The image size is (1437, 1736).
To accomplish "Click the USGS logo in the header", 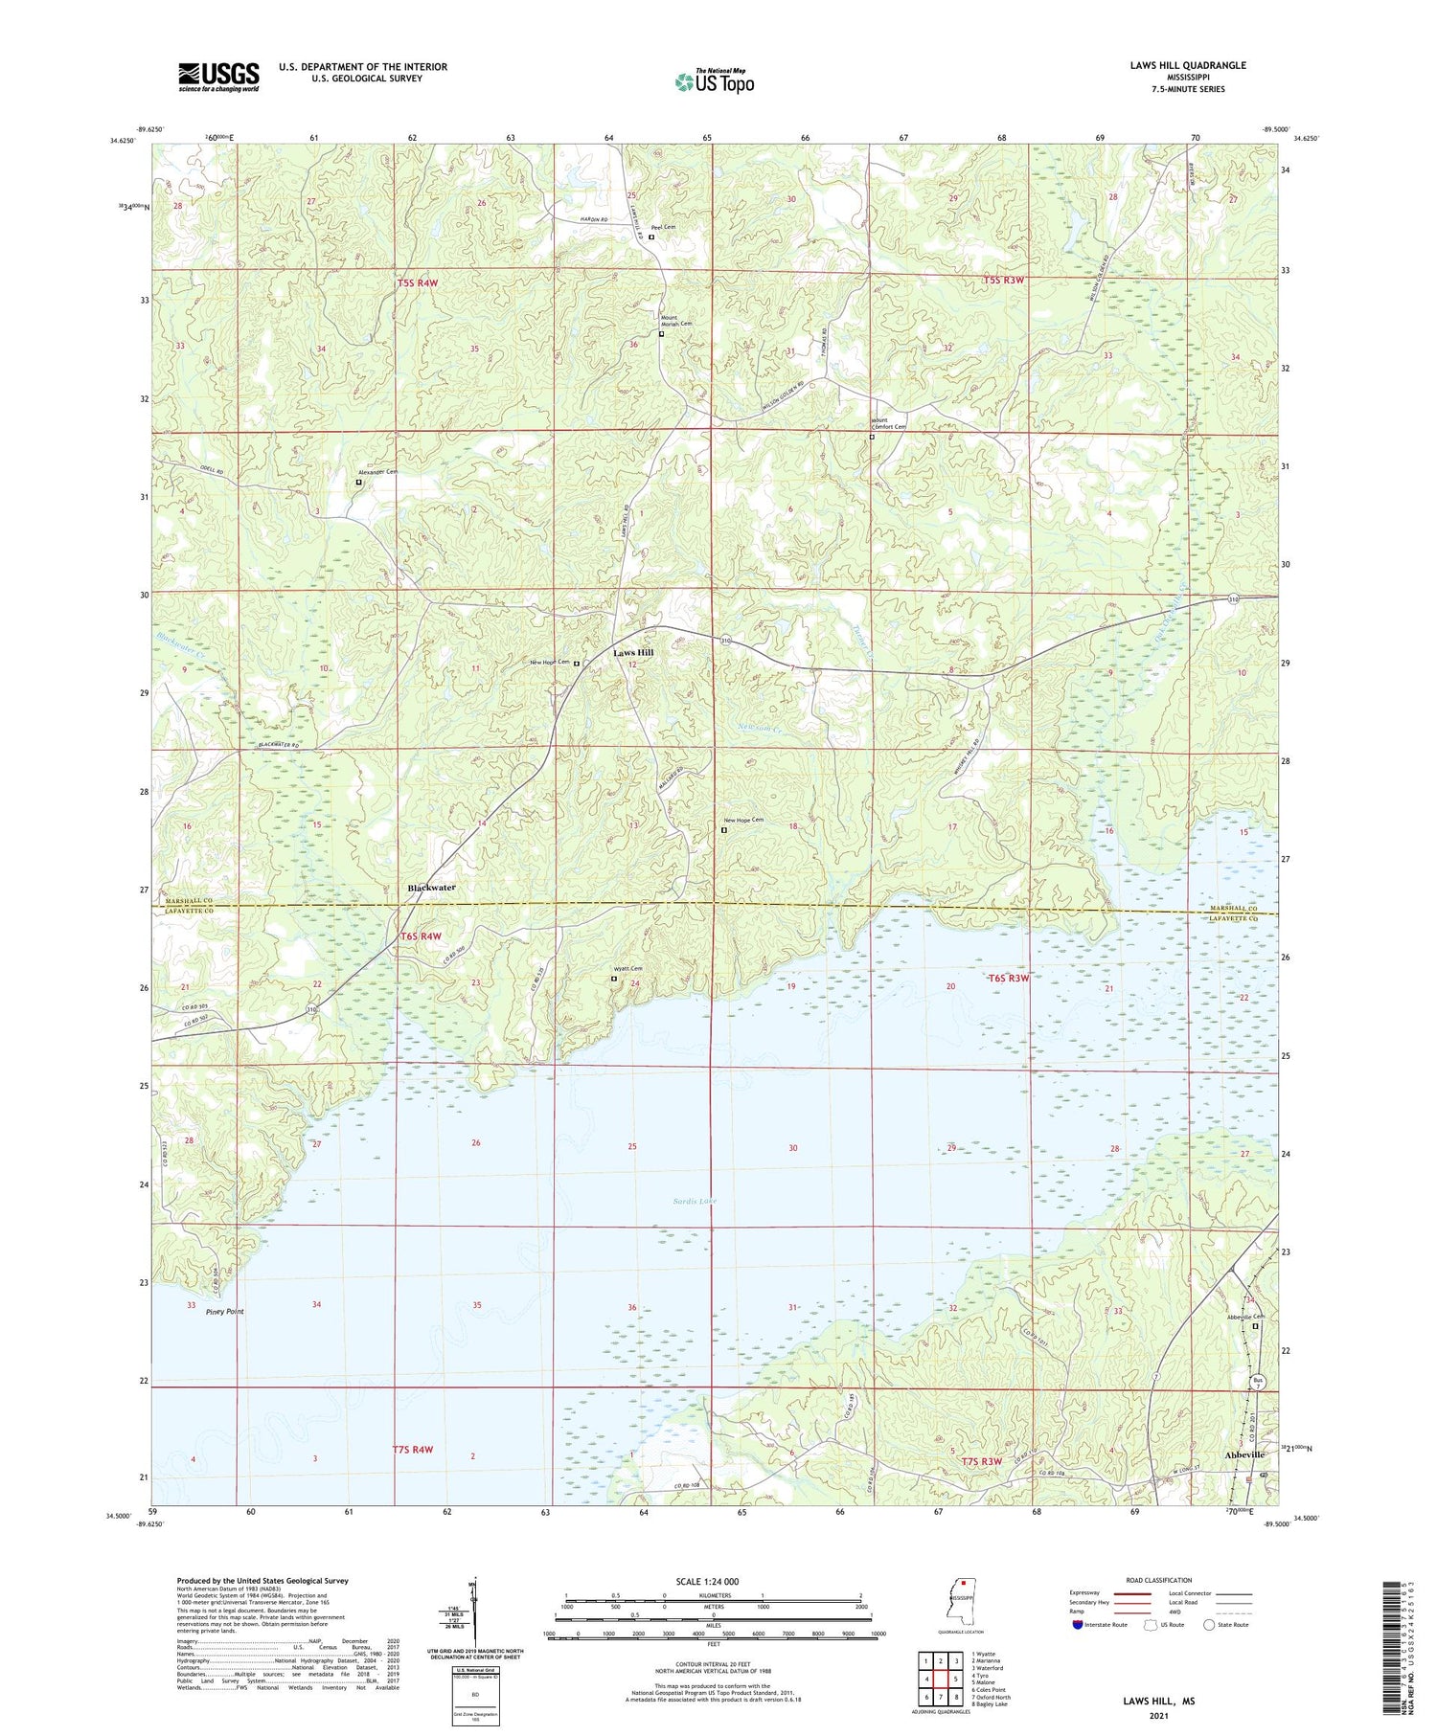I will [x=218, y=77].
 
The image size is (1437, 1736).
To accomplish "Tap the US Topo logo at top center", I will [x=714, y=82].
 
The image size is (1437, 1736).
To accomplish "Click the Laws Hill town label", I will [x=633, y=652].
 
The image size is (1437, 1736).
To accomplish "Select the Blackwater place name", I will [x=431, y=888].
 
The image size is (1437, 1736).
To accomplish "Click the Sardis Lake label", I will [x=695, y=1201].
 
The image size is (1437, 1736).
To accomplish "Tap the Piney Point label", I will [x=225, y=1312].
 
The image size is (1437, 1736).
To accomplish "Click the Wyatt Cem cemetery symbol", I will [x=614, y=979].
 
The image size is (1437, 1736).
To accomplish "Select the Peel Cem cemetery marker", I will [x=651, y=237].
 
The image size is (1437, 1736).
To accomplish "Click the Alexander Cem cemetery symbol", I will [x=359, y=483].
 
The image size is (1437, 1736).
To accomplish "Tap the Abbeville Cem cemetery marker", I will [x=1256, y=1326].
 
